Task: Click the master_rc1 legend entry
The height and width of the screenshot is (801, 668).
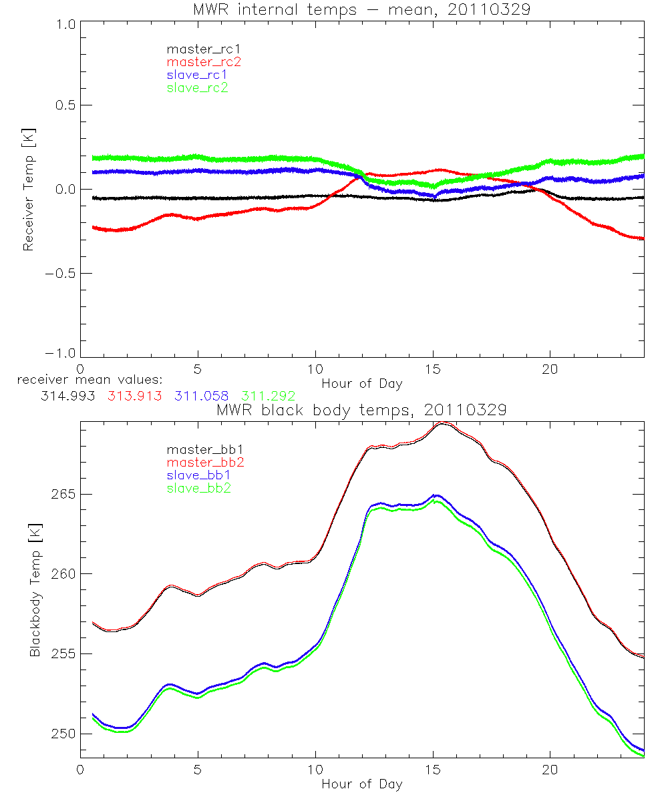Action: [197, 49]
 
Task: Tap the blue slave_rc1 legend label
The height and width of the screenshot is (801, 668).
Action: [197, 75]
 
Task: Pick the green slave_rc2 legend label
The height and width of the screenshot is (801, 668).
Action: [197, 87]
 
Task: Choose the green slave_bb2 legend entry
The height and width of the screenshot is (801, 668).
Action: [197, 489]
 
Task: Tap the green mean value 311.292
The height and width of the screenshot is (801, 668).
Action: [268, 396]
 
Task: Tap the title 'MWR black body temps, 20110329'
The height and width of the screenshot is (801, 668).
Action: [361, 411]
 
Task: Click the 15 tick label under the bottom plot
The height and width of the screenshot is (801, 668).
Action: [433, 769]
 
